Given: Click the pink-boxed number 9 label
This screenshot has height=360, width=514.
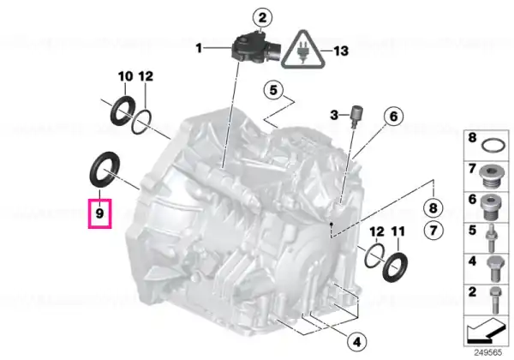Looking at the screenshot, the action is (99, 213).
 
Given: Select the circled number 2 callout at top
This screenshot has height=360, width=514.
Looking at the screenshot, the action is (262, 18).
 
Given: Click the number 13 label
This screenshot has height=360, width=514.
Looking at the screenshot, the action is (341, 51).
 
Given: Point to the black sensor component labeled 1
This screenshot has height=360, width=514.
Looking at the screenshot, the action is (255, 48).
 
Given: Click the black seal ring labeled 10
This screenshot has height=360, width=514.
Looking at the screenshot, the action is (123, 111).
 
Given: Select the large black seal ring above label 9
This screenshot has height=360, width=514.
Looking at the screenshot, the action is (105, 170).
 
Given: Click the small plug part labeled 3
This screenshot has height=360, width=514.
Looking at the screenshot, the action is (355, 114).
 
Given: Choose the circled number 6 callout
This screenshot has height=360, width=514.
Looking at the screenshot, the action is (393, 116).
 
